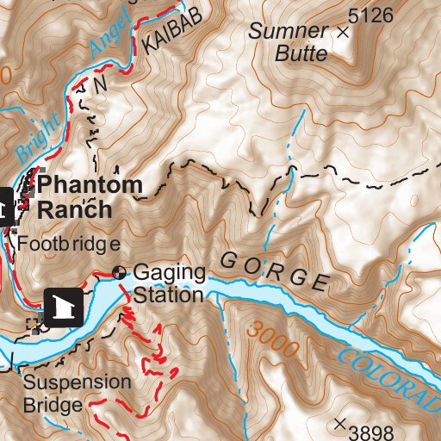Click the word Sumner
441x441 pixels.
click(288, 32)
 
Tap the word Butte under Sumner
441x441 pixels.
click(301, 53)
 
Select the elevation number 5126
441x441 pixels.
click(371, 15)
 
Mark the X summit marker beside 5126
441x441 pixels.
click(344, 33)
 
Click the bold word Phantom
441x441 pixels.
click(90, 183)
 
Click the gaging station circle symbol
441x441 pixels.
click(120, 273)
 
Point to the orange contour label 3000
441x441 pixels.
click(271, 339)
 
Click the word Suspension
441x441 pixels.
click(78, 382)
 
